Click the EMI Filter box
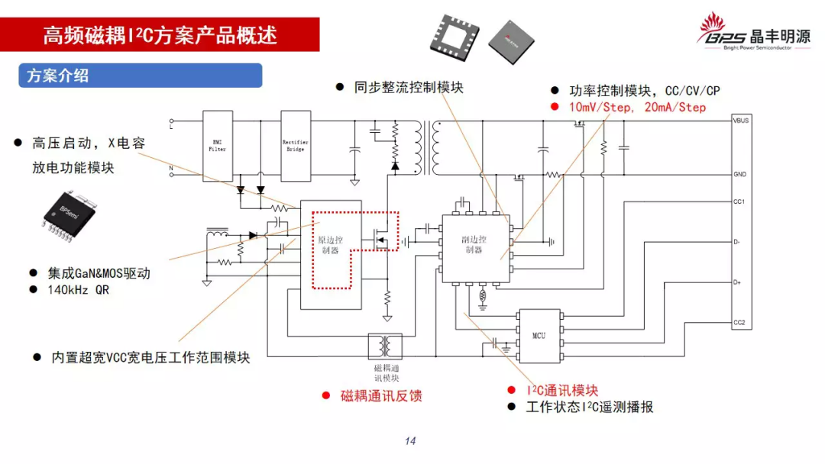point(218,145)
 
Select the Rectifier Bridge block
point(296,145)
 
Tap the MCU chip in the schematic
point(539,336)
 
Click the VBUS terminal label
point(739,121)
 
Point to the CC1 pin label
point(738,201)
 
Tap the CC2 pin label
point(738,323)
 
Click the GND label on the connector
point(739,174)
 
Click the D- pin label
point(736,242)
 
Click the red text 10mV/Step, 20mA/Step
point(637,108)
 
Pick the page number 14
point(410,441)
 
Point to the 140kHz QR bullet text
point(79,290)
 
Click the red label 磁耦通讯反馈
point(381,395)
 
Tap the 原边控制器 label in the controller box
point(330,245)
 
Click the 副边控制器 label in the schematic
point(474,244)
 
